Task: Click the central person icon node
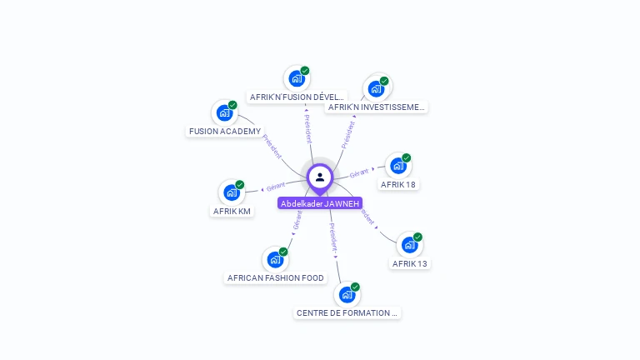point(320,177)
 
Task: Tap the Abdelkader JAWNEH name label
point(320,203)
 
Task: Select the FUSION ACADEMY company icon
point(224,112)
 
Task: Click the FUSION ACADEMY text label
point(225,132)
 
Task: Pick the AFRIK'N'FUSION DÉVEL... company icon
point(296,78)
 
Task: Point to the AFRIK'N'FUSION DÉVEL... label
point(297,97)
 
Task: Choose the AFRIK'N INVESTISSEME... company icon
point(376,88)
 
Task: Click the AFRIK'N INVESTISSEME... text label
point(377,107)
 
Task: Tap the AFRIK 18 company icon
point(397,165)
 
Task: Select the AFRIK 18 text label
point(397,184)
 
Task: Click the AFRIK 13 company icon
point(409,244)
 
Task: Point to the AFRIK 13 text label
point(410,263)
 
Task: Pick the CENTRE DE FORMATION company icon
point(347,294)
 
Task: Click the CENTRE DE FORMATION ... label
point(347,313)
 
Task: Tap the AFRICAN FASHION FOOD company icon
point(275,259)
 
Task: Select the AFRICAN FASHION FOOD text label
point(276,278)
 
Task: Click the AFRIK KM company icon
point(231,192)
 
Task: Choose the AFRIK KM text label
point(232,212)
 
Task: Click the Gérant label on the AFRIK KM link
point(276,186)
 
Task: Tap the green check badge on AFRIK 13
point(417,237)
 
